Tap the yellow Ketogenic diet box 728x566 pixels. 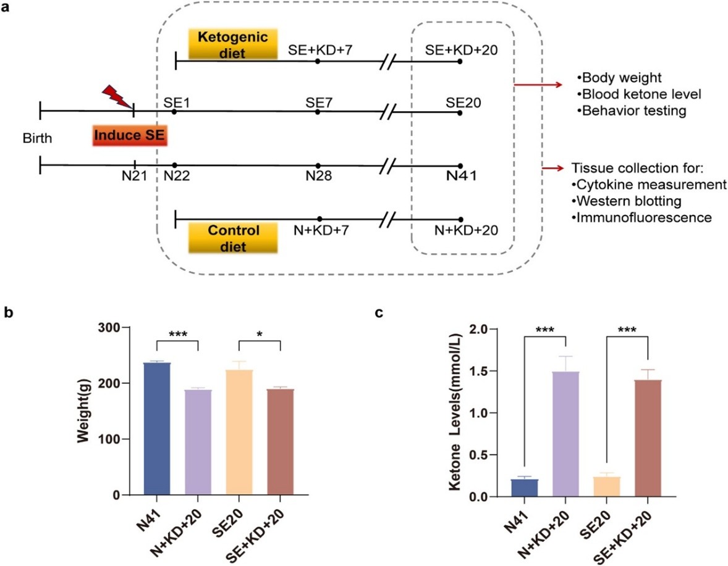point(223,45)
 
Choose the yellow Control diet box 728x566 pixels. point(223,238)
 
